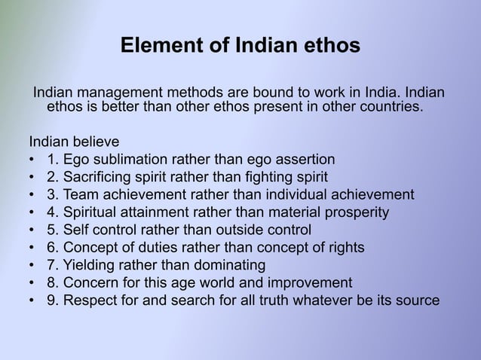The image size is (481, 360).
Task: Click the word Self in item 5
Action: (x=77, y=230)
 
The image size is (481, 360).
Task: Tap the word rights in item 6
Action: (x=345, y=248)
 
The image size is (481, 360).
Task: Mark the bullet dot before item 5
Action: (x=32, y=230)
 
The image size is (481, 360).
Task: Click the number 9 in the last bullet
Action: (x=51, y=301)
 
